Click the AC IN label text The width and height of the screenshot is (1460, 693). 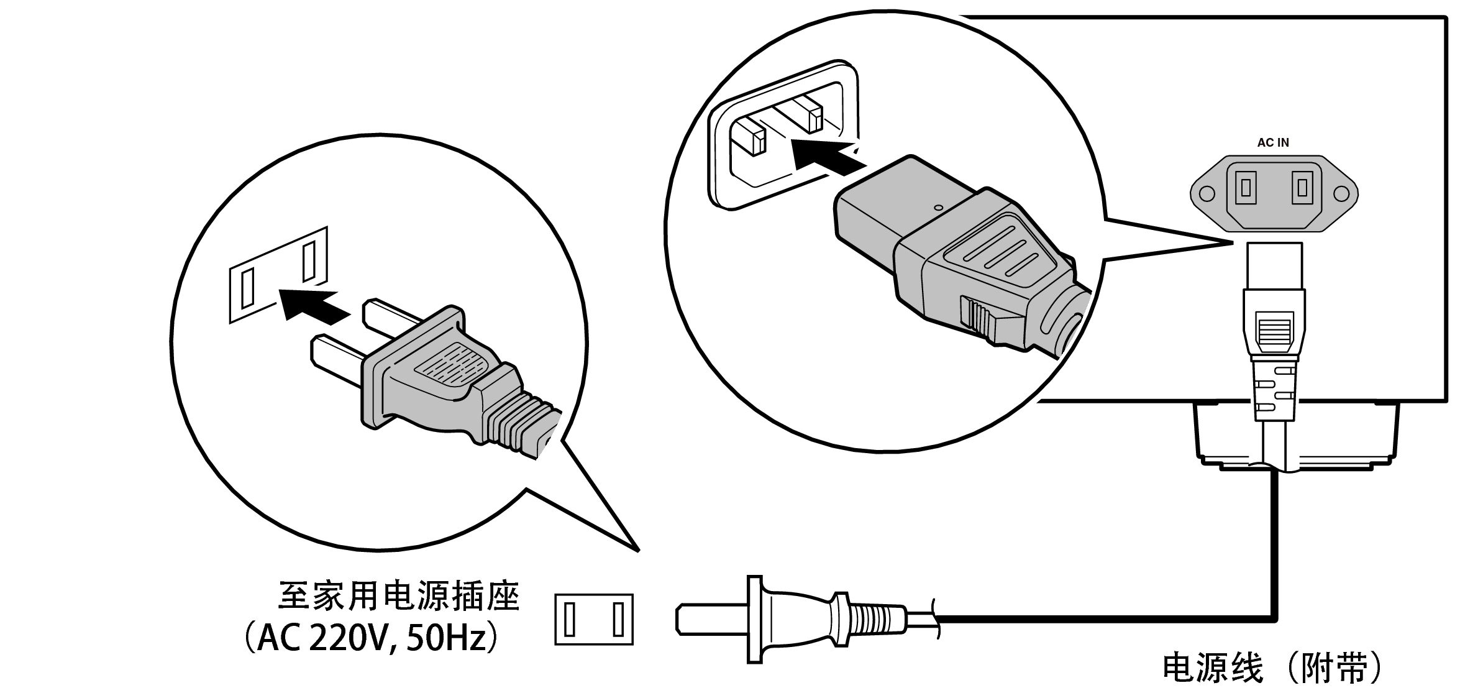(x=1272, y=142)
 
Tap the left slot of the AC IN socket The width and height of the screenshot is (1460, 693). (x=1245, y=186)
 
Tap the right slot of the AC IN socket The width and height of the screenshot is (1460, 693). (x=1302, y=186)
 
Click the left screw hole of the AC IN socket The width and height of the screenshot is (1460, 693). (x=1207, y=194)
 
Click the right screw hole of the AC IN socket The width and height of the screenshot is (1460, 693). (x=1341, y=194)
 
